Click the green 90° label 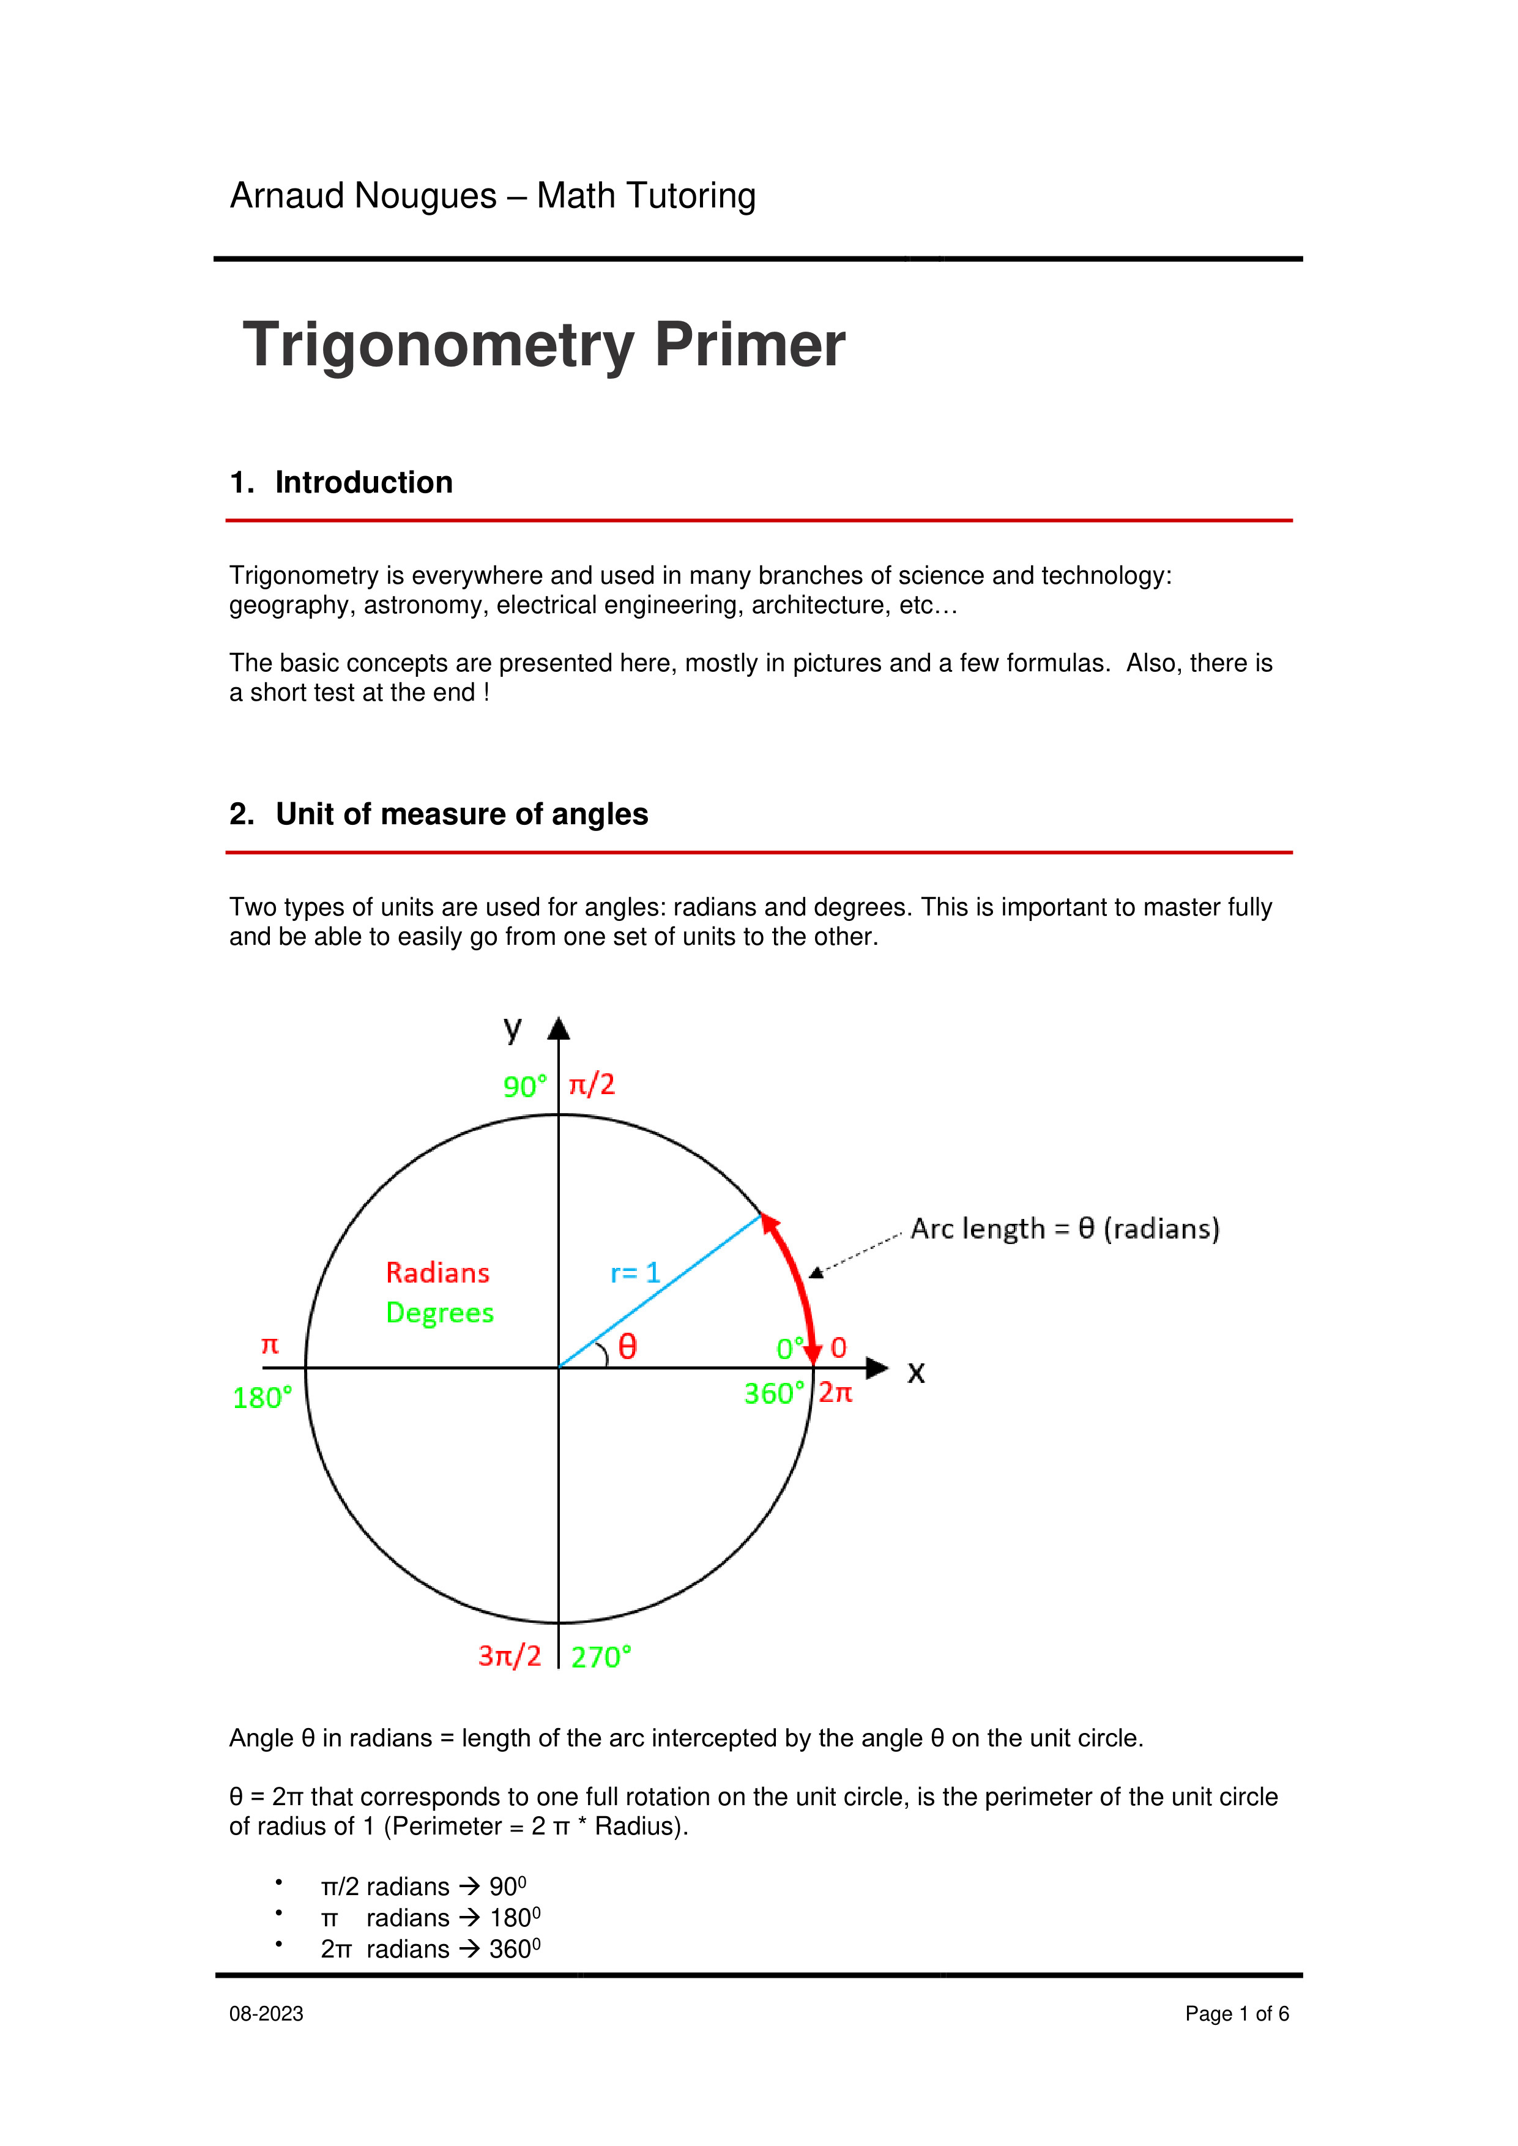coord(524,1086)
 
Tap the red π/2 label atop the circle coord(592,1084)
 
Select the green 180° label coord(262,1398)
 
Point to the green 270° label coord(601,1657)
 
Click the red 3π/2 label coord(510,1655)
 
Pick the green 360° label coord(773,1393)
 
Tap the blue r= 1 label coord(634,1272)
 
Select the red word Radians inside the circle coord(437,1273)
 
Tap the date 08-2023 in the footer coord(266,2014)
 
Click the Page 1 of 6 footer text coord(1237,2014)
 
